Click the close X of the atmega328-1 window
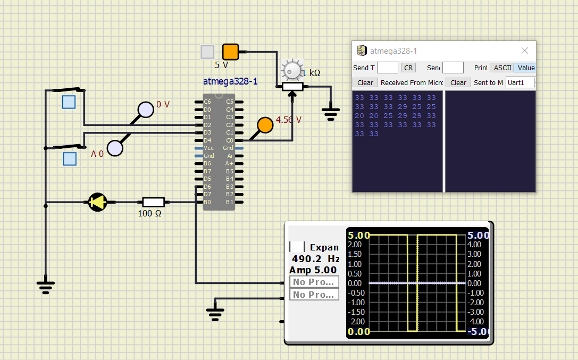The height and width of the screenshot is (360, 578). (524, 51)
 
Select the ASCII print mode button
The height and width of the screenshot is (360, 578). (501, 68)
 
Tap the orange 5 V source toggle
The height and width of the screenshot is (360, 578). (230, 52)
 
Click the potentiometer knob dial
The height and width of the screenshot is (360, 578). (291, 70)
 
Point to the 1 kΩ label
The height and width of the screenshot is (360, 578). (311, 73)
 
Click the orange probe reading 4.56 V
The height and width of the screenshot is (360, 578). (264, 124)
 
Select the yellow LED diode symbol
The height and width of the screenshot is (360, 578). (97, 202)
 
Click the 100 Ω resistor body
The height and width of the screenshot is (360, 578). (153, 202)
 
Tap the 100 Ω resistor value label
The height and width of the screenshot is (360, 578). (150, 214)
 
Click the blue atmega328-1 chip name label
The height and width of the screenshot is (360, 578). (230, 81)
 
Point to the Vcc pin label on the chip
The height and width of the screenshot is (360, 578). (208, 148)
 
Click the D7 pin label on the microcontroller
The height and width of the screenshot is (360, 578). (207, 194)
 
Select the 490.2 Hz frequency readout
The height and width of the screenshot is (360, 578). (315, 259)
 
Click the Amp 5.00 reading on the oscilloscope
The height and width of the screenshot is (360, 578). (313, 270)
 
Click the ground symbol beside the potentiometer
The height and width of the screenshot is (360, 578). (331, 113)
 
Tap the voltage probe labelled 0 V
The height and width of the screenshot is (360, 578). (145, 110)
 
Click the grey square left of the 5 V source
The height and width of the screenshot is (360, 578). (207, 52)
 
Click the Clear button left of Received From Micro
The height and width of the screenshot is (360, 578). (365, 82)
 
